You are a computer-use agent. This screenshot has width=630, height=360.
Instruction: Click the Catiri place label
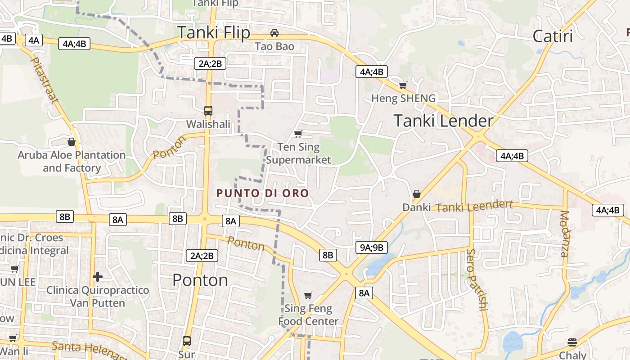click(x=553, y=36)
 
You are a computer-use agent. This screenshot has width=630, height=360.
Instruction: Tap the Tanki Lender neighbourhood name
click(x=443, y=121)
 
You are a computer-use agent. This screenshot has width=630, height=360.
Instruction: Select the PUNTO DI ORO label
click(x=263, y=193)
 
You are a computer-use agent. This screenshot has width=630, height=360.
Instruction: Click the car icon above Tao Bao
click(x=274, y=33)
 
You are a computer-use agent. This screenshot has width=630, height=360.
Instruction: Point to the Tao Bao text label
click(x=274, y=46)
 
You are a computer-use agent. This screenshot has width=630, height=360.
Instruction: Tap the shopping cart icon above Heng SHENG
click(x=403, y=85)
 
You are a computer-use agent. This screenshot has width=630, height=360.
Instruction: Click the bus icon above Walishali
click(x=208, y=110)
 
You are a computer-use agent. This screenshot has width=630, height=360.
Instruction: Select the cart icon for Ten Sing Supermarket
click(x=298, y=134)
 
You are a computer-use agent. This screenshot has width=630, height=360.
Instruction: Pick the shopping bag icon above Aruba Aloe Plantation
click(x=71, y=142)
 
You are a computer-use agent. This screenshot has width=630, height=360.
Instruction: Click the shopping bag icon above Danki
click(x=417, y=194)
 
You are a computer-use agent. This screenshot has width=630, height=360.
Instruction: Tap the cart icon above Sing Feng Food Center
click(x=308, y=295)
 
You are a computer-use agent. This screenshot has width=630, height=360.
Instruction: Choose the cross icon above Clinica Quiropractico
click(x=98, y=276)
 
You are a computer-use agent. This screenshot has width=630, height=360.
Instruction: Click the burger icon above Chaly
click(x=572, y=342)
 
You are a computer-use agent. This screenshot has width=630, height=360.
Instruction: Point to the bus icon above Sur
click(x=186, y=341)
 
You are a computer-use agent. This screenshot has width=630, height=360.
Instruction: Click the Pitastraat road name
click(x=44, y=80)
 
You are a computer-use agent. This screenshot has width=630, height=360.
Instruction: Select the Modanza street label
click(x=565, y=234)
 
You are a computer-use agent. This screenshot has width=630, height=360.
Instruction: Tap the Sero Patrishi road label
click(x=477, y=279)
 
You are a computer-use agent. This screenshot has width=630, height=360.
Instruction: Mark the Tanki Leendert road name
click(x=474, y=207)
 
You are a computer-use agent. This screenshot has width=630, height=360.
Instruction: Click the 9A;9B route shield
click(x=372, y=247)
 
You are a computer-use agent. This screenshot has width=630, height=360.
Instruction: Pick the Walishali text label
click(x=208, y=124)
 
